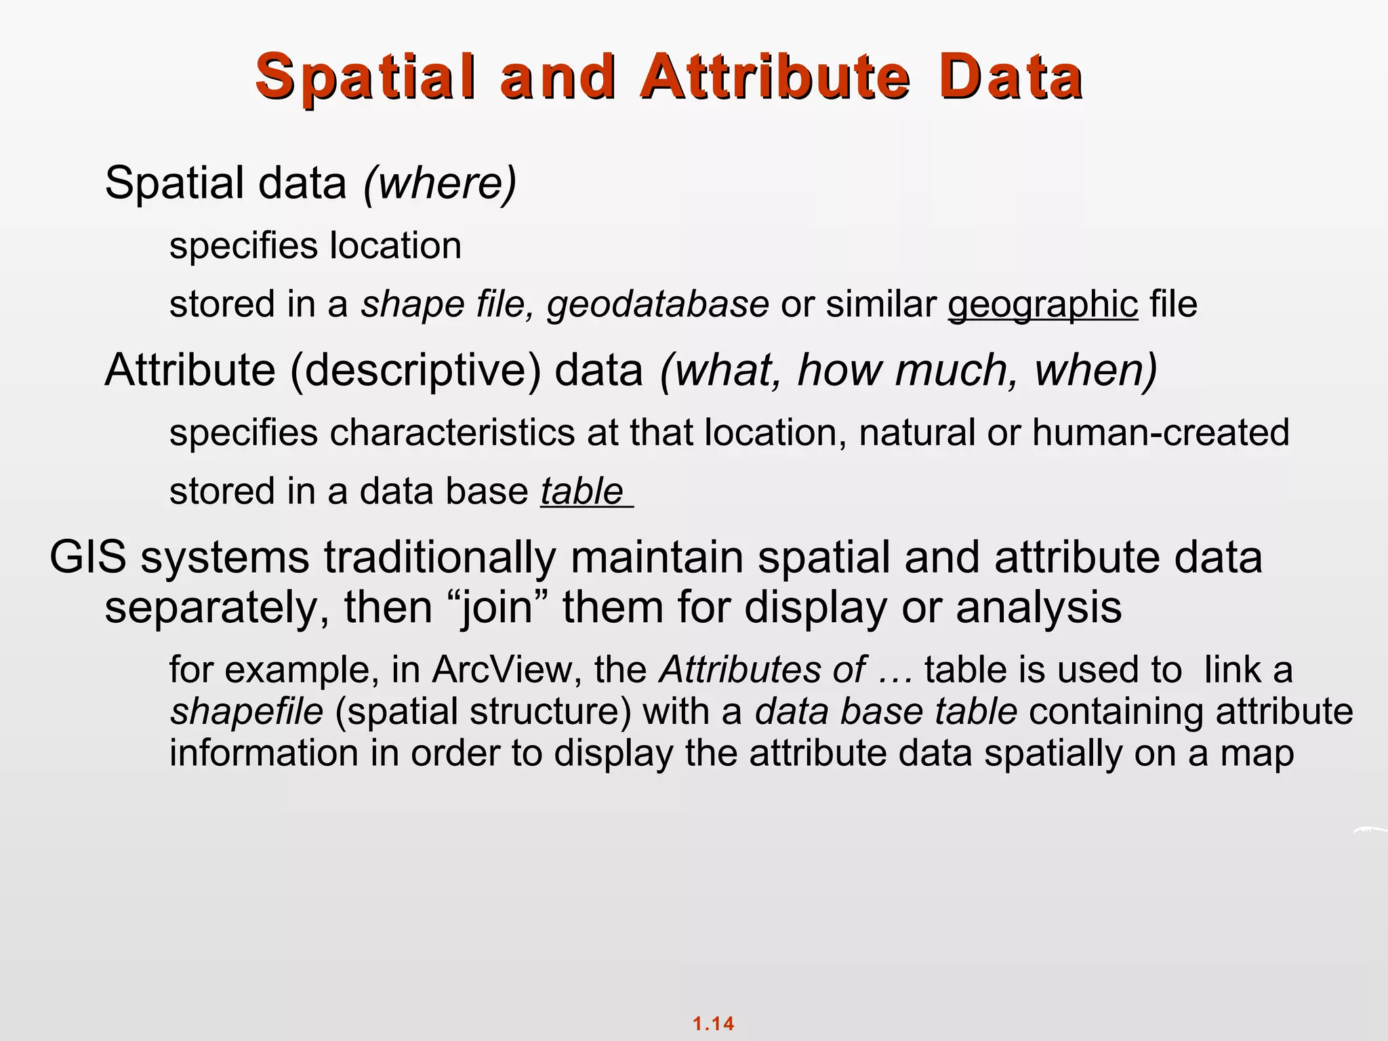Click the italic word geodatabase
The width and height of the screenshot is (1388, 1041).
(657, 304)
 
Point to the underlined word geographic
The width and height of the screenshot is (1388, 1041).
(1042, 304)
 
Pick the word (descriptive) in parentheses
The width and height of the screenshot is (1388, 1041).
(416, 371)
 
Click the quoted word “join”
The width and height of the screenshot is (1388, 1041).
(497, 607)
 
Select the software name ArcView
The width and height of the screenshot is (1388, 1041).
(507, 670)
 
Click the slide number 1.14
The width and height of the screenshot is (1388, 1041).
(713, 1023)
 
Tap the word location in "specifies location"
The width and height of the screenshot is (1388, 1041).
(395, 245)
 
